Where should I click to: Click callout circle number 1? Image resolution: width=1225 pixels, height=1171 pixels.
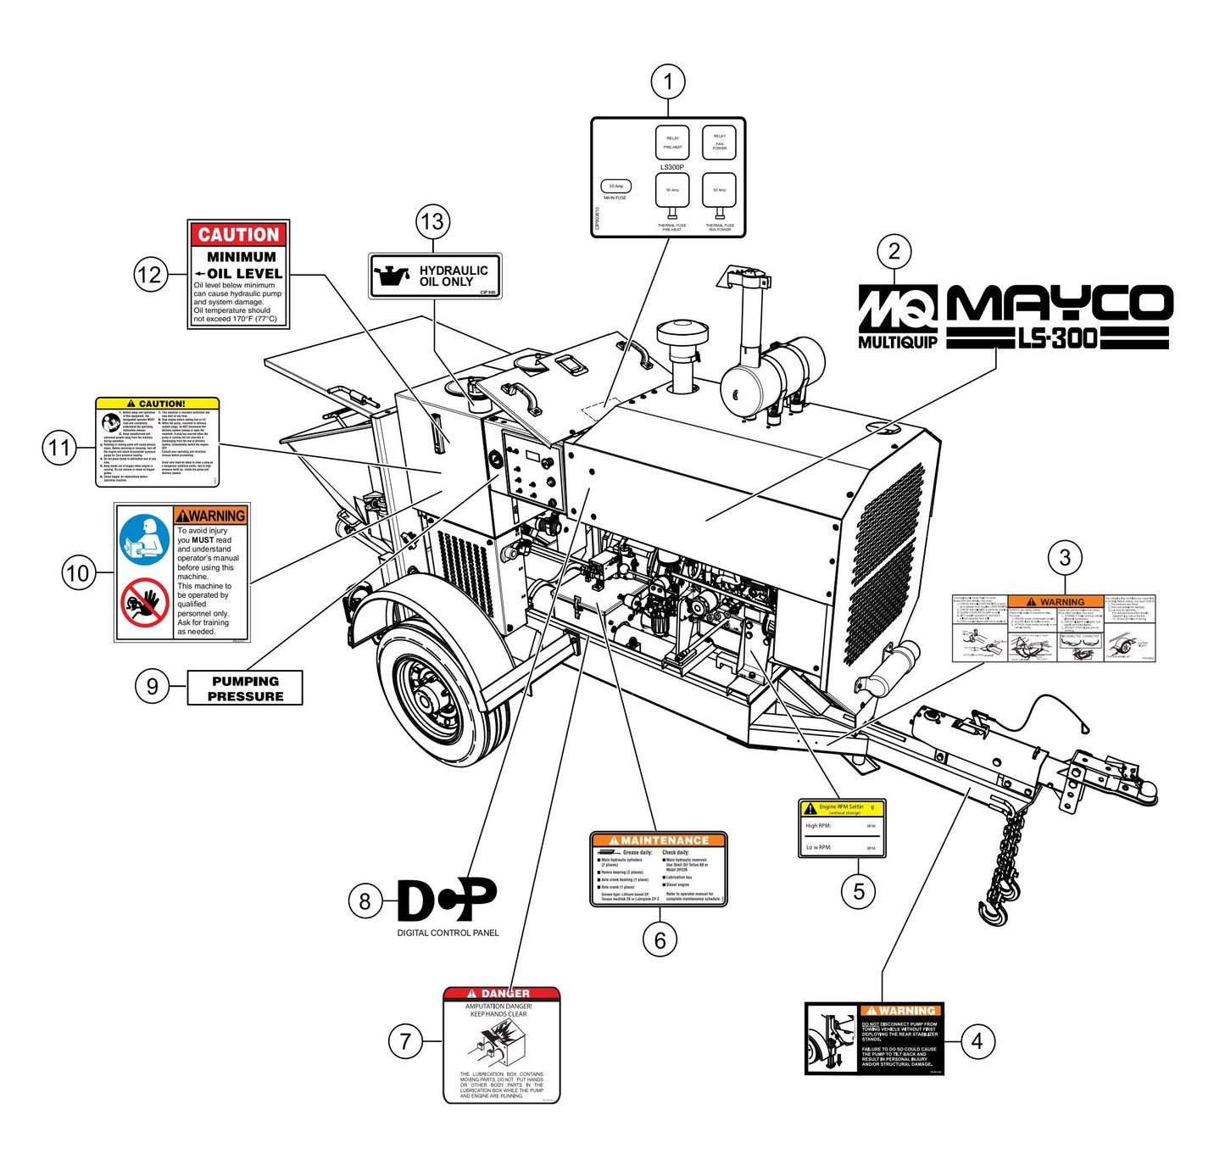pos(668,82)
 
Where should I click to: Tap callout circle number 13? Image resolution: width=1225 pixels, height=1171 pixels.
pos(432,222)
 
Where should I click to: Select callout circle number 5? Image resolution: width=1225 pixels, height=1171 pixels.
pos(859,891)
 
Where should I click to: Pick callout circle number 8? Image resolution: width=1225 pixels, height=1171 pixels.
pos(365,901)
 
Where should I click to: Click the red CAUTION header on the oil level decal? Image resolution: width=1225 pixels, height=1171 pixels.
pos(238,235)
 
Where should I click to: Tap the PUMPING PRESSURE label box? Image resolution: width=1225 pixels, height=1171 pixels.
pos(245,689)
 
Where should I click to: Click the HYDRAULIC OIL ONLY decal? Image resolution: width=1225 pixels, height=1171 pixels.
pos(435,276)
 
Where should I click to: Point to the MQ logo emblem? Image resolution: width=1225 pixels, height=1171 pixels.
pos(898,309)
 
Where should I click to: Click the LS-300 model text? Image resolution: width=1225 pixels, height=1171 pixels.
pos(1058,339)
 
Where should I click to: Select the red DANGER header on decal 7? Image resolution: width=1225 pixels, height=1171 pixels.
pos(501,993)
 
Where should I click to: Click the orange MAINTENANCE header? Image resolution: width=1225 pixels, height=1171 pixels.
pos(659,840)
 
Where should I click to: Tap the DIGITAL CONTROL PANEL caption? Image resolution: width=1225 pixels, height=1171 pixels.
pos(448,933)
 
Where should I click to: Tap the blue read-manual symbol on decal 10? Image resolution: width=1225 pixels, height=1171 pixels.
pos(145,540)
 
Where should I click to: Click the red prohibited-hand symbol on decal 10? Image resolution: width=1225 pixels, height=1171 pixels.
pos(145,602)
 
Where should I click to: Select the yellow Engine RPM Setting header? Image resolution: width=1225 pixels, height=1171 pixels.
pos(842,809)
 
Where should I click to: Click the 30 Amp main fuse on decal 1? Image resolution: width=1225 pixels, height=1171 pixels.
pos(615,187)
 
